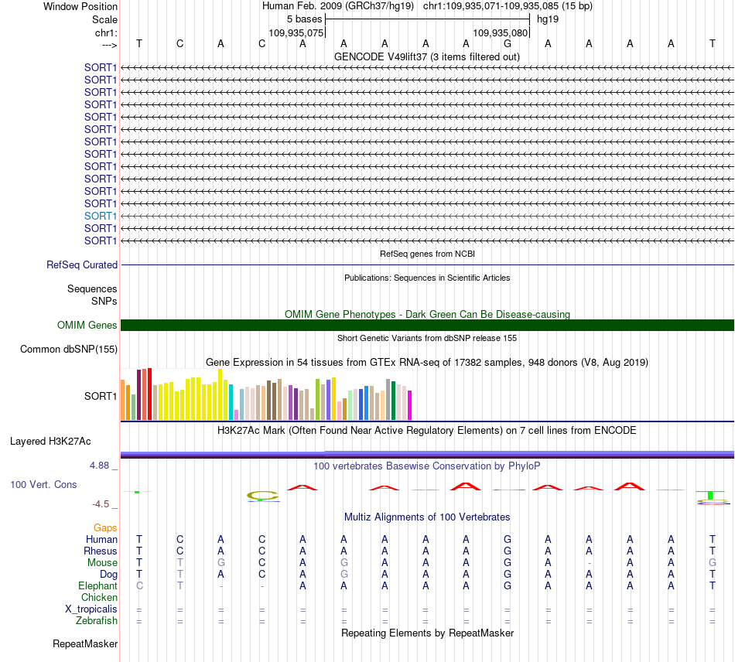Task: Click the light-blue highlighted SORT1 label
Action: (101, 216)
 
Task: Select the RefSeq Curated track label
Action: (82, 264)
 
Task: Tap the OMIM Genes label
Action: (87, 325)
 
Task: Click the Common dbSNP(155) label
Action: (69, 349)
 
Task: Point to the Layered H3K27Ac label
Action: (50, 442)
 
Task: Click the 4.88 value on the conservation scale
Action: (99, 466)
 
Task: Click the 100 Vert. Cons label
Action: (43, 484)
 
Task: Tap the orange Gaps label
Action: (105, 528)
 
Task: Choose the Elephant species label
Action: (98, 585)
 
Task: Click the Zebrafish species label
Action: (97, 620)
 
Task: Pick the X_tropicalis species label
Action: (91, 609)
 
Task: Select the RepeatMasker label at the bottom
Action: (85, 643)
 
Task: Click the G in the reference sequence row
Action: (508, 43)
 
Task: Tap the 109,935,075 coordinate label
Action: (296, 32)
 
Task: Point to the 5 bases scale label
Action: (305, 19)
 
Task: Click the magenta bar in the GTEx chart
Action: (410, 405)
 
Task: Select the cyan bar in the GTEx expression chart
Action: (231, 402)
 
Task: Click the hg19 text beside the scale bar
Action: (548, 19)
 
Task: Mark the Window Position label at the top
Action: (80, 6)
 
